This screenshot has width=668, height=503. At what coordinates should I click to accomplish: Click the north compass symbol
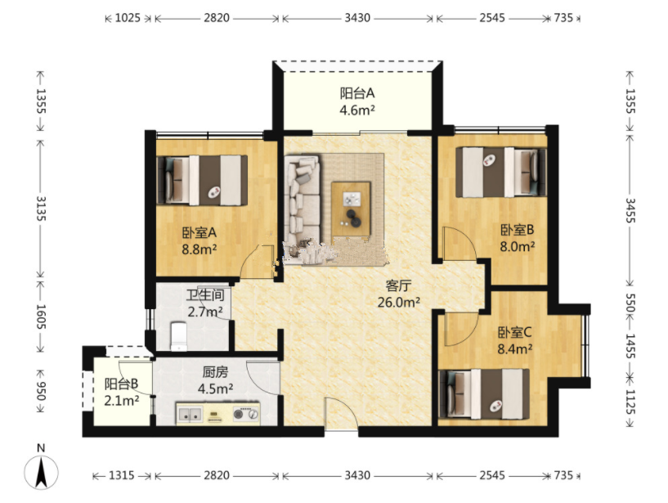click(41, 468)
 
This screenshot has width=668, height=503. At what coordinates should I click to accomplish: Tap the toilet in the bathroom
click(179, 336)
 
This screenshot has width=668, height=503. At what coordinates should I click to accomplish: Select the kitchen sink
click(190, 414)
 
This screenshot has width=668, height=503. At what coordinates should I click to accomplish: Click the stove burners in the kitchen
click(246, 414)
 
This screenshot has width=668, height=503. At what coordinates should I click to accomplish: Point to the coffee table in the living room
click(351, 209)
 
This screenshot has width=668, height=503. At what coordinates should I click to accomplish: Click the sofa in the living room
click(303, 201)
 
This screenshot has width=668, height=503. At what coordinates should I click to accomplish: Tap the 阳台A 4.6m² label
click(357, 101)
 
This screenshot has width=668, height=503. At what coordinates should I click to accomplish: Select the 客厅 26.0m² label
click(399, 294)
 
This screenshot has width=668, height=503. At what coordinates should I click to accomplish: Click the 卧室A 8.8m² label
click(200, 240)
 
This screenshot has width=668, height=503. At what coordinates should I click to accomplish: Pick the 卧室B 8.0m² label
click(518, 238)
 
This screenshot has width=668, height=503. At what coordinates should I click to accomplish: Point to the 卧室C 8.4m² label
click(514, 340)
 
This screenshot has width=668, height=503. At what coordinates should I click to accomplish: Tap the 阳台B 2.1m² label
click(122, 392)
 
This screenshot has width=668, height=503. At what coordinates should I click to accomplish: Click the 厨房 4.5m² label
click(215, 380)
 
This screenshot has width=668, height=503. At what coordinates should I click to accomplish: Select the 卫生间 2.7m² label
click(205, 303)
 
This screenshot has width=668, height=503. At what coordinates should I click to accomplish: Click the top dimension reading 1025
click(128, 18)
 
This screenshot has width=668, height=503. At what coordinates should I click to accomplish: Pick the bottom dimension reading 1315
click(122, 475)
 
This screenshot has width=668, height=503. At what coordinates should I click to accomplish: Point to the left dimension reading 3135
click(41, 209)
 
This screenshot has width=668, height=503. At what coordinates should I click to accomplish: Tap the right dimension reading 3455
click(630, 210)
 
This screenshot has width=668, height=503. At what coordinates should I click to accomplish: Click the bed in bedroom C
click(484, 394)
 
